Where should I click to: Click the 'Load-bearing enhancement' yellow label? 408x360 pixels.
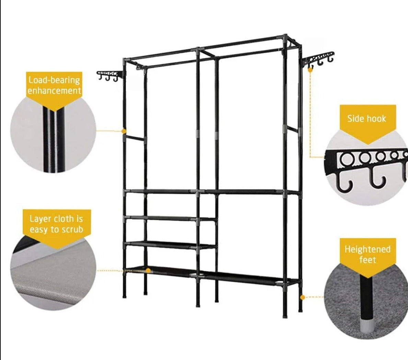tap(54, 86)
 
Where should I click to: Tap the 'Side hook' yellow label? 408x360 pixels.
tap(366, 119)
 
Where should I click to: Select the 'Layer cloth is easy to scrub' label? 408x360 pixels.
tap(57, 224)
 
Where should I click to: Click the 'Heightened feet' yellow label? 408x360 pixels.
tap(368, 254)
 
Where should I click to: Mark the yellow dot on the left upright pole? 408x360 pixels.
tap(124, 131)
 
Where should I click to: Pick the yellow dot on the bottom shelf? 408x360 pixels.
tap(148, 271)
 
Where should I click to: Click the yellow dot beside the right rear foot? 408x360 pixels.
tap(303, 297)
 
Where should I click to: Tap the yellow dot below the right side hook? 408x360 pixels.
tap(310, 70)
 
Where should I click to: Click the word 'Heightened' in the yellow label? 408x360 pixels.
tap(368, 249)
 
